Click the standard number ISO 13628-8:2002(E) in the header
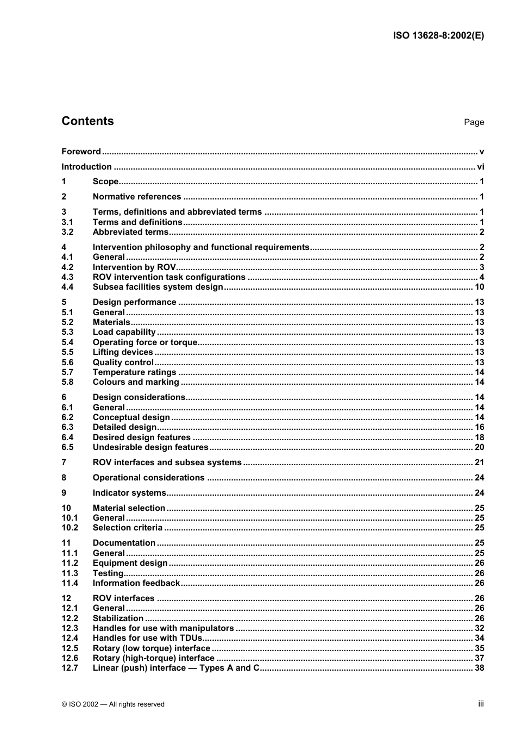pos(438,35)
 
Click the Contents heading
pos(87,121)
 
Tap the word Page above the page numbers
pos(474,122)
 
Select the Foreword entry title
pos(81,152)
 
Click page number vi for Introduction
pos(480,167)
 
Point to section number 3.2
pos(67,232)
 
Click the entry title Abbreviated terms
pos(130,232)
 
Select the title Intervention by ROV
pos(134,267)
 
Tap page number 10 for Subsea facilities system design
pos(479,287)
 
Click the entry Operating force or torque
pos(145,342)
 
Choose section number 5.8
pos(67,382)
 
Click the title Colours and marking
pos(136,382)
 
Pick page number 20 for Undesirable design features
pos(479,447)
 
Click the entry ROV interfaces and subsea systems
pos(167,463)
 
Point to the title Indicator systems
pos(129,493)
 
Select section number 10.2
pos(70,528)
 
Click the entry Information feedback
pos(136,583)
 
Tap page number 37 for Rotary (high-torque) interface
pos(479,658)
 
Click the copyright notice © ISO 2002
pos(113,704)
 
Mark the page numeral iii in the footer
pos(481,704)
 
